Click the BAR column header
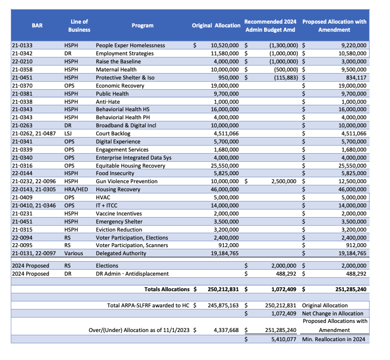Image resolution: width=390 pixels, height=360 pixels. coord(37,25)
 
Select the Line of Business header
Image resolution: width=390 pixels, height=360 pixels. coord(80,25)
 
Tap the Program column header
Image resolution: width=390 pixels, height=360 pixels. coord(143,25)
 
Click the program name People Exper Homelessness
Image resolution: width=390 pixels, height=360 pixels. coord(130,46)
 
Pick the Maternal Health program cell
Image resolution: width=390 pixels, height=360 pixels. coord(117,70)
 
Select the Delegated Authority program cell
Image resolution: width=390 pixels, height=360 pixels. coord(121,253)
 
